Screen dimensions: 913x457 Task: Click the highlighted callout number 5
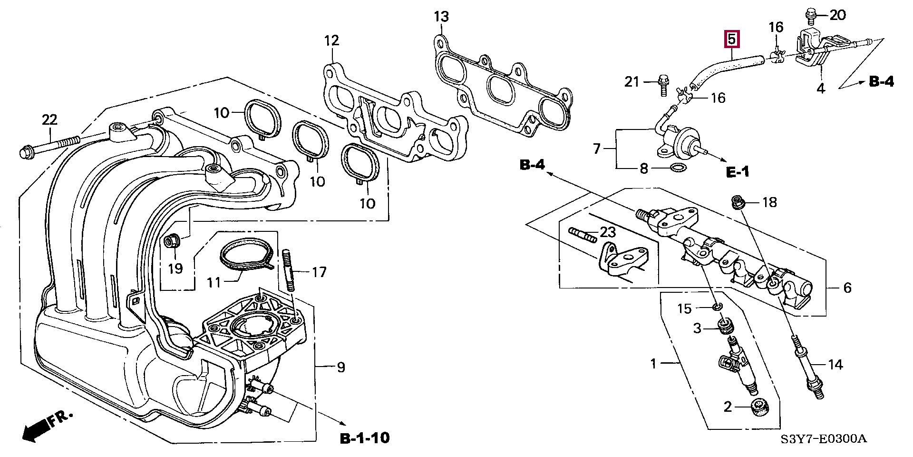(731, 39)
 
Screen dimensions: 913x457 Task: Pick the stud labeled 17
(288, 270)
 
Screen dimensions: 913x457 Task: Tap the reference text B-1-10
(365, 437)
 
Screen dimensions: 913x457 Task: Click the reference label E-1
(738, 171)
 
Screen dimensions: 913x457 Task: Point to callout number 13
(441, 17)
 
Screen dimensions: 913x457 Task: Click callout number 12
(331, 40)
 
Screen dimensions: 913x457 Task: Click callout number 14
(835, 365)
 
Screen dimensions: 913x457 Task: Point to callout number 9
(341, 367)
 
